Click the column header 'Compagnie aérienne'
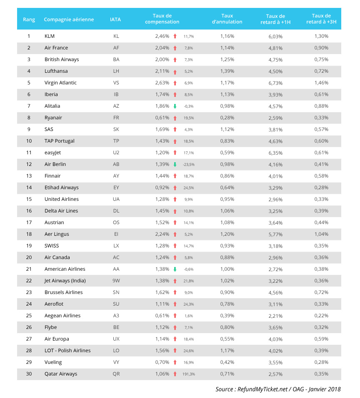[69, 19]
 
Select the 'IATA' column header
[115, 19]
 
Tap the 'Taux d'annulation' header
[227, 19]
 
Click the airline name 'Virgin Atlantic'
[60, 83]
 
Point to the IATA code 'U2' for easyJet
[116, 153]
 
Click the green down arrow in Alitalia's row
[175, 106]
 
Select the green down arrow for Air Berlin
[175, 164]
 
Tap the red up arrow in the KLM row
[175, 36]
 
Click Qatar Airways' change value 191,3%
[188, 374]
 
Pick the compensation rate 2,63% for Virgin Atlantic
[162, 83]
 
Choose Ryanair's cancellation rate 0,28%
[227, 118]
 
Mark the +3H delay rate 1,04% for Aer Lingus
[321, 234]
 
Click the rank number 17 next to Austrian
[29, 222]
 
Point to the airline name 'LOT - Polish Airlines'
[67, 351]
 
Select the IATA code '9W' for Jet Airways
[116, 281]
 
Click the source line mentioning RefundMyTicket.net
[278, 389]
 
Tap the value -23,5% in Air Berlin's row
[188, 164]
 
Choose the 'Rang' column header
[29, 19]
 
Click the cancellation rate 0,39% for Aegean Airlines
[227, 316]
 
